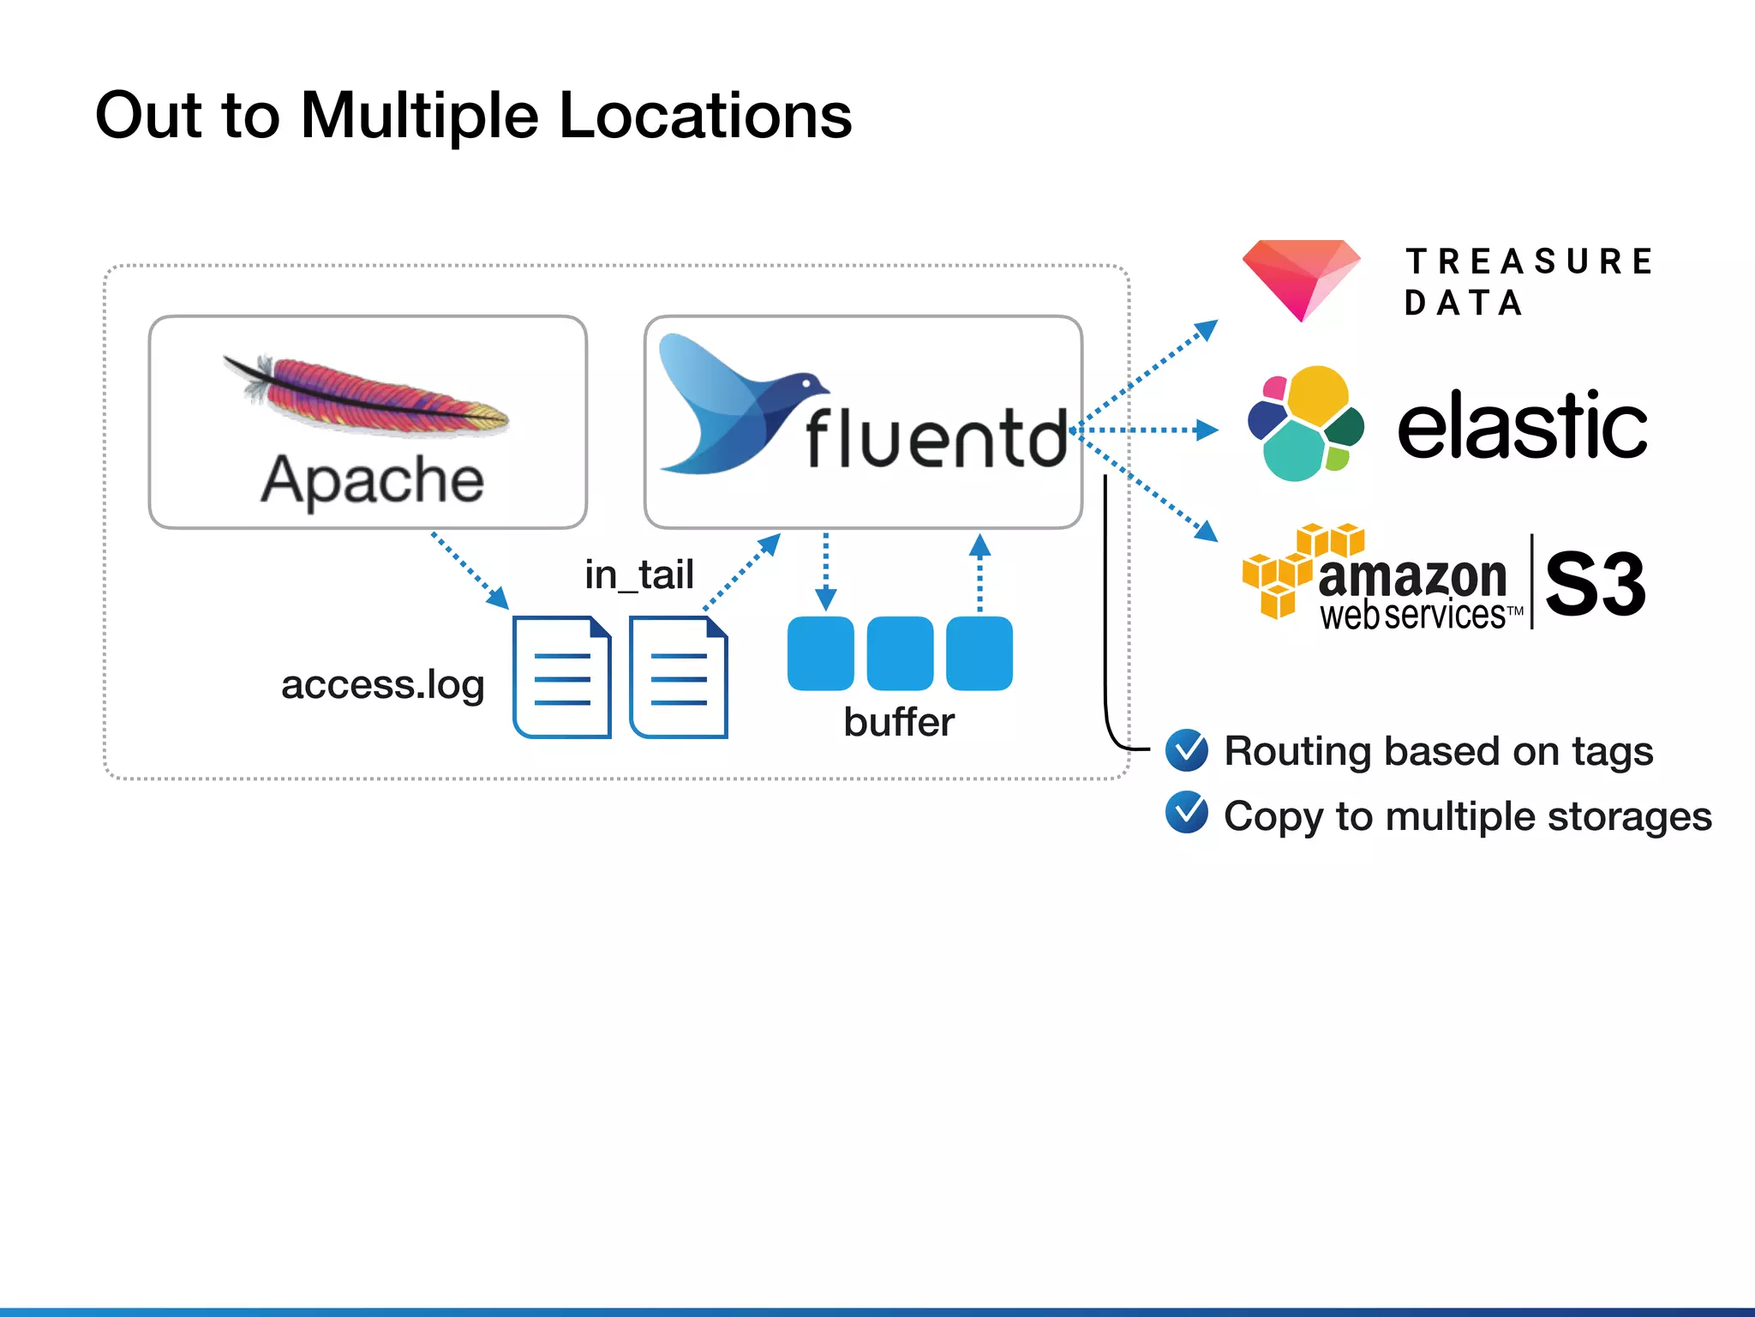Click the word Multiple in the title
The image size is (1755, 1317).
click(x=420, y=116)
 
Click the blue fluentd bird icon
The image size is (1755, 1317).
click(x=728, y=403)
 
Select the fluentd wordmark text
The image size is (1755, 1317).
click(x=936, y=439)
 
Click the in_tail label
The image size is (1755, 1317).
click(x=638, y=574)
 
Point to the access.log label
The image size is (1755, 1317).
click(x=382, y=684)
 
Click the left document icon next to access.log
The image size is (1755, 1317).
click(x=561, y=677)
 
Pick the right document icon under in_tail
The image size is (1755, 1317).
click(x=678, y=677)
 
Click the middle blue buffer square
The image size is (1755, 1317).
click(x=900, y=652)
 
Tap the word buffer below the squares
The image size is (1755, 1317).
click(x=898, y=722)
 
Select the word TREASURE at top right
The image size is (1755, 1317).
click(x=1529, y=262)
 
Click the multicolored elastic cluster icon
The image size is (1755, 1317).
click(x=1305, y=424)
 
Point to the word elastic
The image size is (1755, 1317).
click(x=1522, y=426)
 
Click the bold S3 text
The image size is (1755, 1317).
click(x=1595, y=584)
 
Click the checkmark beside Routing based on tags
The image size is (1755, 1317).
click(x=1187, y=750)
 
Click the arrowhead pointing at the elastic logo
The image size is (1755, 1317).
click(x=1207, y=430)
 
